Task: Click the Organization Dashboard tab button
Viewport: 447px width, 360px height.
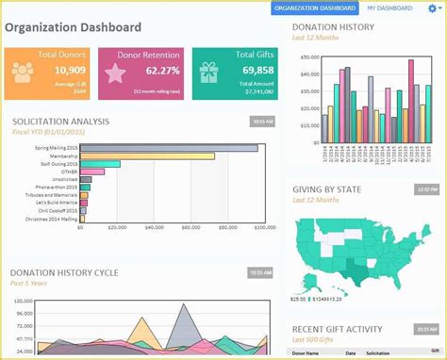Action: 315,8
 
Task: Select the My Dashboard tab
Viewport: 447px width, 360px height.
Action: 389,8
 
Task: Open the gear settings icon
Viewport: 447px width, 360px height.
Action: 432,8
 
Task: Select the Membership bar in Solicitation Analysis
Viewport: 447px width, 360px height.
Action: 146,156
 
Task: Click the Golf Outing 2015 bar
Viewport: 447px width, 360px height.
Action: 100,165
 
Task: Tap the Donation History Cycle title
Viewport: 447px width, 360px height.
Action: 65,272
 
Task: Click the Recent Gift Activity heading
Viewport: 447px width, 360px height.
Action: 337,329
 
